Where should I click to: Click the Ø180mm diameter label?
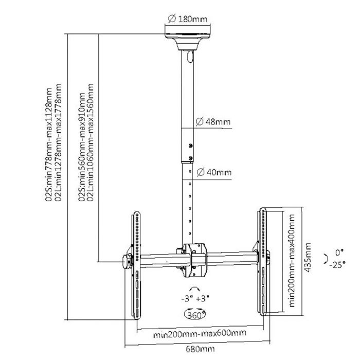click(x=188, y=20)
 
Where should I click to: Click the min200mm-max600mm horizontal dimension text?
click(x=200, y=334)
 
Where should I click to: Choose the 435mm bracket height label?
click(x=308, y=260)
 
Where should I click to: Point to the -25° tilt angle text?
click(x=337, y=265)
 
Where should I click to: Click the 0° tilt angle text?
click(x=338, y=252)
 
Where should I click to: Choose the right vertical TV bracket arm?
click(x=262, y=262)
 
